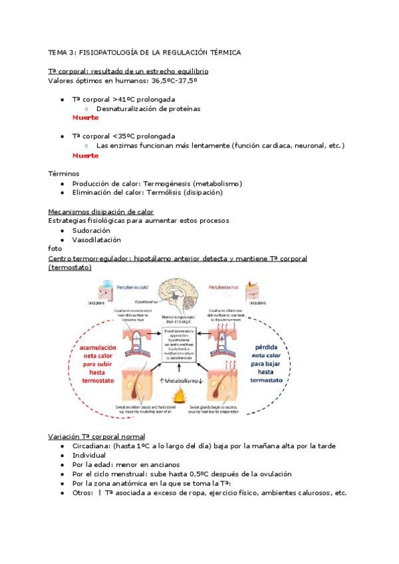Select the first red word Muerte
pyautogui.click(x=85, y=118)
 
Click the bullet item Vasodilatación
pyautogui.click(x=96, y=239)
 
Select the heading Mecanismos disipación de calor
pyautogui.click(x=101, y=211)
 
